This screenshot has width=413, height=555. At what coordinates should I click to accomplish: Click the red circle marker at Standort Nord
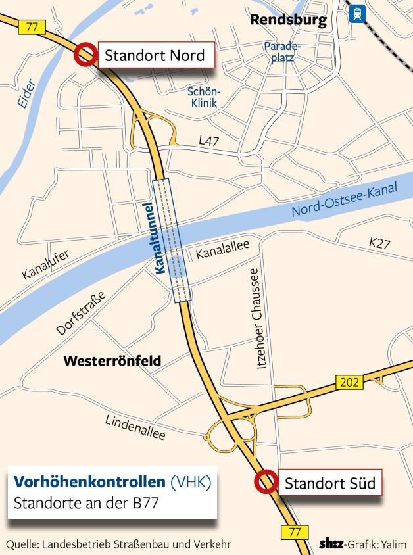[x=85, y=55]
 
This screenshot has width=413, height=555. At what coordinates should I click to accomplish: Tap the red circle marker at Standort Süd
[x=266, y=482]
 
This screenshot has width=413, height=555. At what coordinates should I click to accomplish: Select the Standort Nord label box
[x=156, y=55]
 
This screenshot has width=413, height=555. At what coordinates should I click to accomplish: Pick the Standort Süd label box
[x=329, y=484]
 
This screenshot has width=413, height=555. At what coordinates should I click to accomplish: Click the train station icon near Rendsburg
[x=358, y=14]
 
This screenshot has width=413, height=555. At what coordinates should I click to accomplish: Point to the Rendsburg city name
[x=288, y=20]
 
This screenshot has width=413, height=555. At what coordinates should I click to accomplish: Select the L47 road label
[x=209, y=140]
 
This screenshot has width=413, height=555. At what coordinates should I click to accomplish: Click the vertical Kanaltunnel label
[x=158, y=237]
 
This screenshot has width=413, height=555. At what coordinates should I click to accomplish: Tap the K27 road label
[x=379, y=244]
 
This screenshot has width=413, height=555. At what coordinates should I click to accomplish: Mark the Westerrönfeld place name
[x=112, y=360]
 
